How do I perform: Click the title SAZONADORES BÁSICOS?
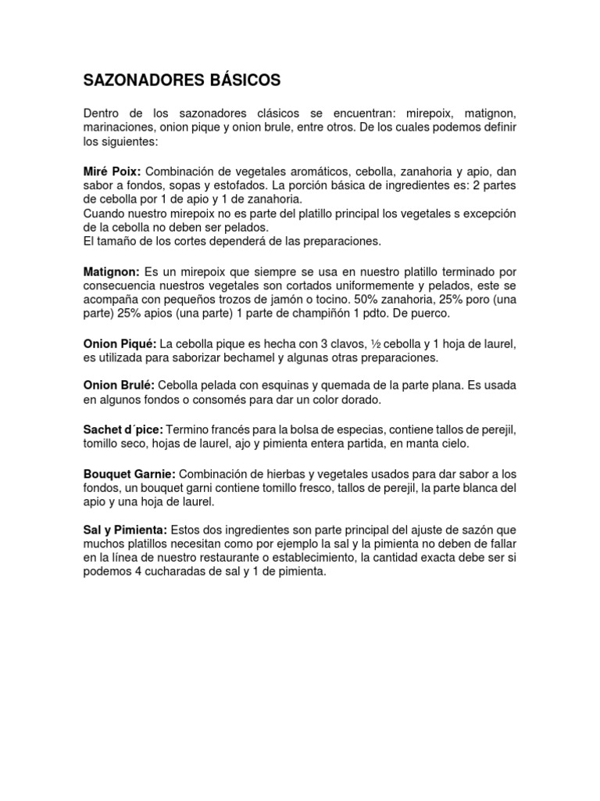[x=181, y=81]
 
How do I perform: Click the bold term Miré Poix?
[x=112, y=171]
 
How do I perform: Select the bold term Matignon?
[x=112, y=271]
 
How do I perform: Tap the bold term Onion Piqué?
[x=120, y=343]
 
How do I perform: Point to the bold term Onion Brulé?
[x=119, y=386]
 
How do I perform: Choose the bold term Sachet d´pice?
[x=123, y=429]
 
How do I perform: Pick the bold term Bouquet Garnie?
[x=130, y=474]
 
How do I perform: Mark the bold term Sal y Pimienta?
[x=125, y=530]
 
